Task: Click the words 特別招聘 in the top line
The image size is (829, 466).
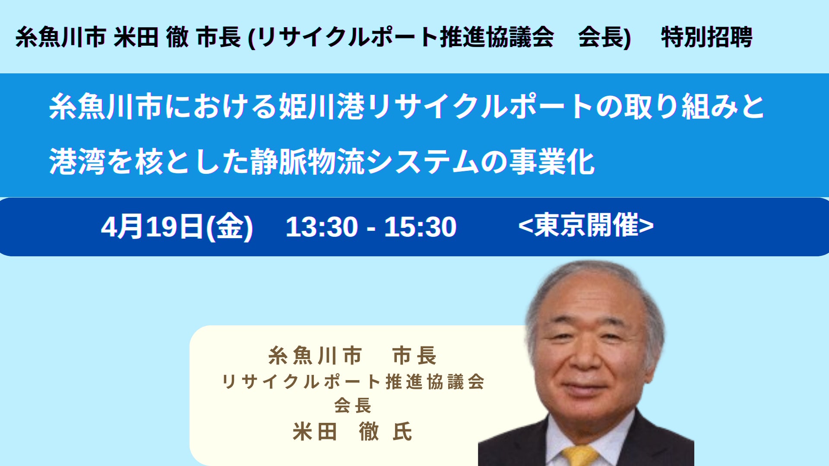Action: point(707,37)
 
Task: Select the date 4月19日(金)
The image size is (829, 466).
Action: point(177,227)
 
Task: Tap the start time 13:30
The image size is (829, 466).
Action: point(322,227)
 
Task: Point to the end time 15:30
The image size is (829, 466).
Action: point(420,227)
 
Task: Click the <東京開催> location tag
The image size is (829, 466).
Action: point(586,225)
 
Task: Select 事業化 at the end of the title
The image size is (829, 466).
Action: point(552,162)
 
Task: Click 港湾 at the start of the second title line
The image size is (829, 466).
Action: point(77,162)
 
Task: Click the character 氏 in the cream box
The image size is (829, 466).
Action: point(402,431)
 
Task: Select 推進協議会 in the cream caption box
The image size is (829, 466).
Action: point(435,382)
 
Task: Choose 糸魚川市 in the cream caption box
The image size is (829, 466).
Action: point(315,356)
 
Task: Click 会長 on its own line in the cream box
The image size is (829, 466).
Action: point(353,406)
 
